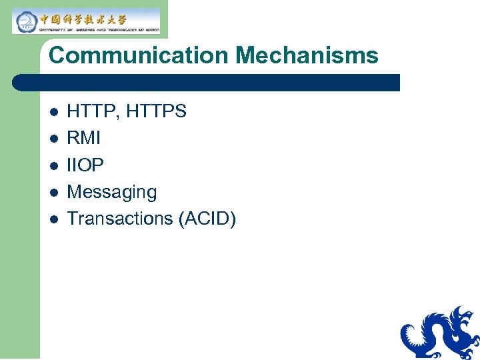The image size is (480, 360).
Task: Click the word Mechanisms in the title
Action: tap(307, 55)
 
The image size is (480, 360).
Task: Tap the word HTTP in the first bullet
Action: tap(90, 111)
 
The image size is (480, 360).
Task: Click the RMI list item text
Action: tap(84, 138)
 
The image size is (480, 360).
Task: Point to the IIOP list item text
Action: tap(85, 165)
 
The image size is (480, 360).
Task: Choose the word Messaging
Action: tap(112, 192)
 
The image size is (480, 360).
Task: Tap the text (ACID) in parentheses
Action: tap(207, 218)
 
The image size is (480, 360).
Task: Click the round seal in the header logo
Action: tap(26, 22)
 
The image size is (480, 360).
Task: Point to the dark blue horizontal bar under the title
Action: tap(207, 83)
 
